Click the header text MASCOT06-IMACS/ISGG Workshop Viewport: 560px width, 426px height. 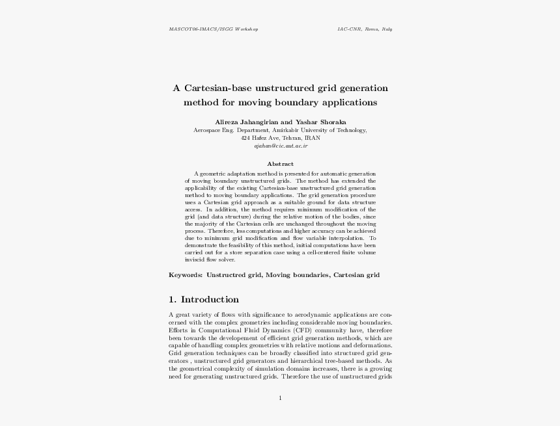pos(214,29)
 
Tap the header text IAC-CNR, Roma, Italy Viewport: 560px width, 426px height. pos(364,29)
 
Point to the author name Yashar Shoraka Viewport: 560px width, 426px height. pos(320,122)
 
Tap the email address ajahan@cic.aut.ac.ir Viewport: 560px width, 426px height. pos(280,146)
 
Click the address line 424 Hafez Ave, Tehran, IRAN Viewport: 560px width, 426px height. pos(280,138)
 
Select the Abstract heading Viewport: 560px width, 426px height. pos(280,164)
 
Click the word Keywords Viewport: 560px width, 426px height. pos(186,275)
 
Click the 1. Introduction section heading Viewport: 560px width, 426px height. pos(203,300)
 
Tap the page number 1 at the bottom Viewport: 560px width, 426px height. pos(280,398)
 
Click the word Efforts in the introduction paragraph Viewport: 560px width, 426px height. pos(178,331)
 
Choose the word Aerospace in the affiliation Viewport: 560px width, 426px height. pos(207,130)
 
